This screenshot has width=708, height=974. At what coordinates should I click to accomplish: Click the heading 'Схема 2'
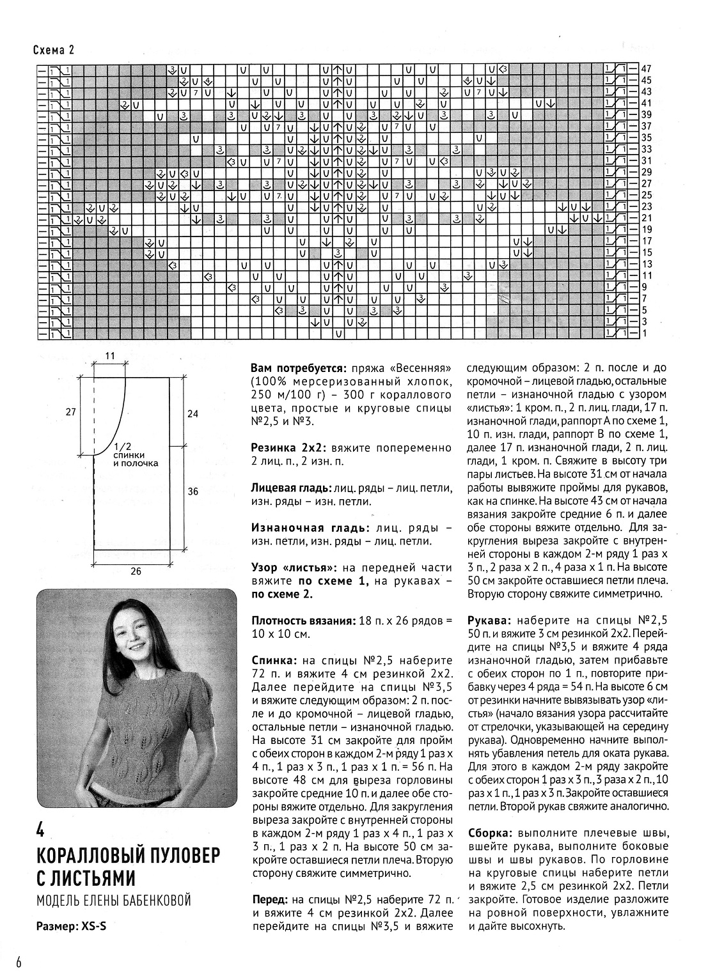coord(53,51)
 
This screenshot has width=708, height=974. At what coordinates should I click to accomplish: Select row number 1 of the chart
coord(645,333)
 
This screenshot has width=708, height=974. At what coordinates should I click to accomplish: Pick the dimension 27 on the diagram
coord(70,413)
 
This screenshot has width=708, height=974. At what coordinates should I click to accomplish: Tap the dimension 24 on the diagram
coord(193,414)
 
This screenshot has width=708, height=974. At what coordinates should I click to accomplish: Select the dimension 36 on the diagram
coord(193,491)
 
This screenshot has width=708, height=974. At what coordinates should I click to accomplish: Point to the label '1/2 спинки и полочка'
coord(135,455)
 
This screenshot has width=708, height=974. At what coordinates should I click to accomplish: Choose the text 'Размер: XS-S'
coord(71,925)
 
